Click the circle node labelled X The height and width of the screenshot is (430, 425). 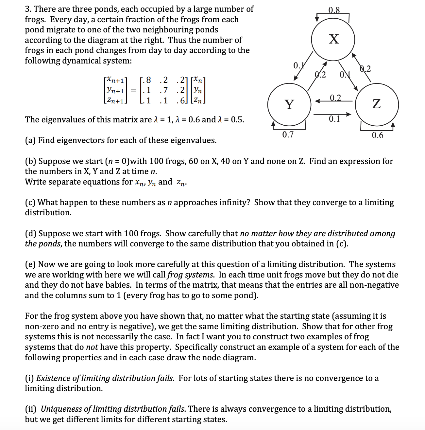point(333,39)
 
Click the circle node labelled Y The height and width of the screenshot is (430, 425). point(289,104)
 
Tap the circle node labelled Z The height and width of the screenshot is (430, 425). point(377,104)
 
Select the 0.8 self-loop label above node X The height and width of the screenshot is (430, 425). point(334,10)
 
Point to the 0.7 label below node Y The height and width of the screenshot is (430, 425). point(288,134)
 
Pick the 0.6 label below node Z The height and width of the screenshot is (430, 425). point(378,135)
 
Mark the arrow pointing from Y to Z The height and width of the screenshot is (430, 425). point(333,114)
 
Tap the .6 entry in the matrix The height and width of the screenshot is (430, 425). point(180,100)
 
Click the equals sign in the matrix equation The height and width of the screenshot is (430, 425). point(133,90)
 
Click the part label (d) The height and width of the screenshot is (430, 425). point(30,233)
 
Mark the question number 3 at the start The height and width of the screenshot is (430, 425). point(28,9)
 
